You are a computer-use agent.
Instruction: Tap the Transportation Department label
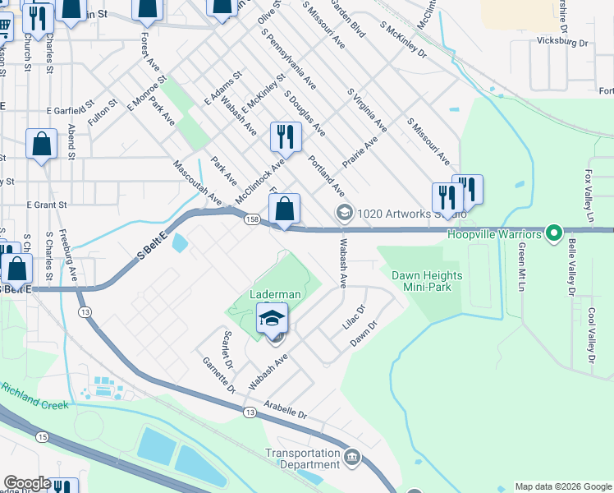pyautogui.click(x=302, y=458)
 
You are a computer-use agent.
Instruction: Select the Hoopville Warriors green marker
pyautogui.click(x=553, y=235)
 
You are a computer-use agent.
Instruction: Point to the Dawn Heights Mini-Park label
pyautogui.click(x=426, y=282)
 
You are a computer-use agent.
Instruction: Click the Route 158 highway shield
pyautogui.click(x=251, y=219)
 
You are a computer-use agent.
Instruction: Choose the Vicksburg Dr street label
pyautogui.click(x=562, y=41)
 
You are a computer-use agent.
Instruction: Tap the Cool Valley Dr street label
pyautogui.click(x=590, y=336)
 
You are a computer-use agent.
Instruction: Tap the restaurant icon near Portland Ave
pyautogui.click(x=284, y=136)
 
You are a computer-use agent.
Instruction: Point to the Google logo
pyautogui.click(x=26, y=483)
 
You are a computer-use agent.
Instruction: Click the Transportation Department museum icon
pyautogui.click(x=352, y=457)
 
